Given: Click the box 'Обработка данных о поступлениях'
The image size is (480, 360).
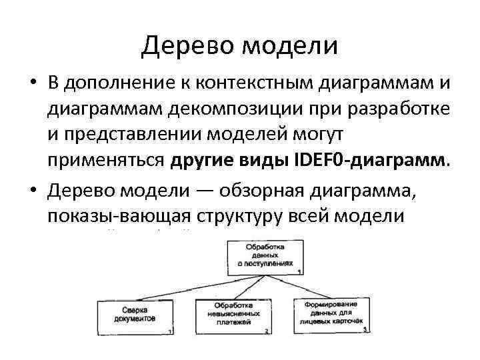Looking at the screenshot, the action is tap(265, 256).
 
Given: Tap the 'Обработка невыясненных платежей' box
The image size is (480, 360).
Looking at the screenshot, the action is tap(233, 315).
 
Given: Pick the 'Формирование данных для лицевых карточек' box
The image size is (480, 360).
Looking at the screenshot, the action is tap(332, 313).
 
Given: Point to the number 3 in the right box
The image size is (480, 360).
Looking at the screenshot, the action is tap(365, 329).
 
